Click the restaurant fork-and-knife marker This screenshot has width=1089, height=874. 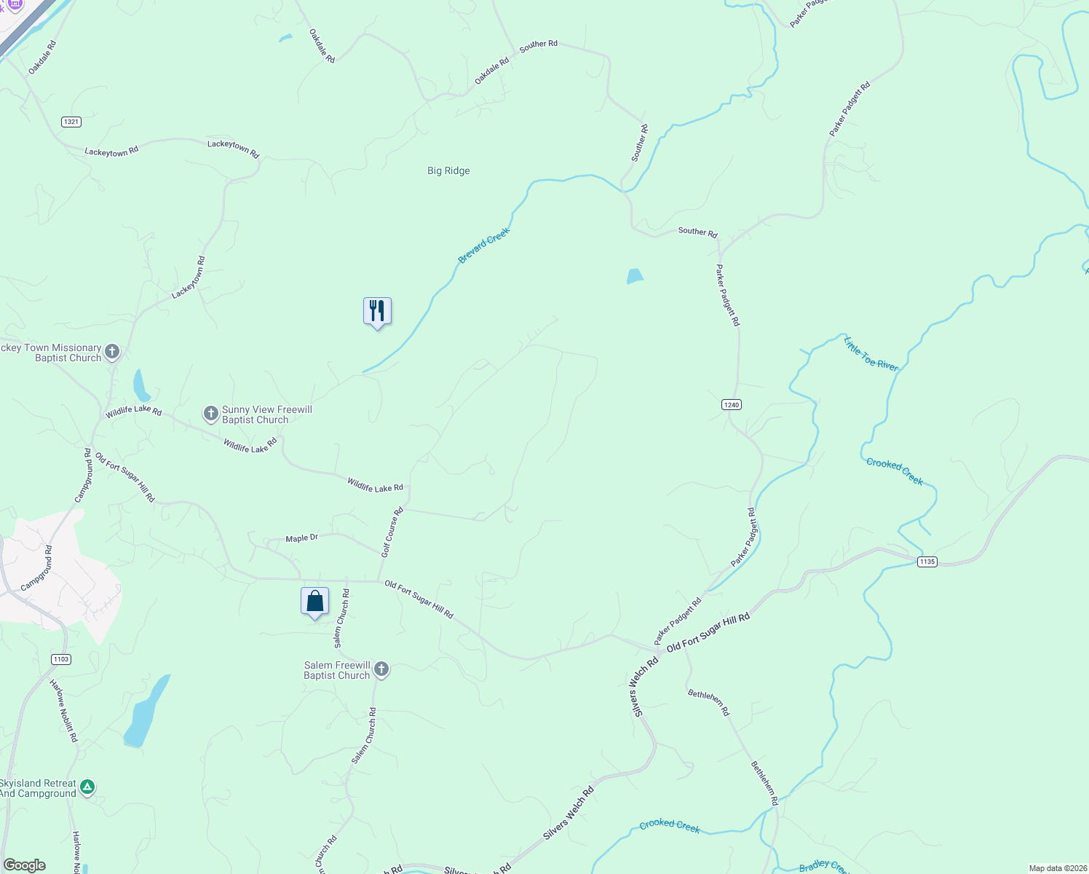click(x=377, y=312)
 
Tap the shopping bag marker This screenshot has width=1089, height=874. click(x=314, y=602)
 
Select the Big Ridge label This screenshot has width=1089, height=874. click(x=448, y=170)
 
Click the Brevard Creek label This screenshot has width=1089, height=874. click(x=484, y=246)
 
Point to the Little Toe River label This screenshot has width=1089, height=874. click(x=871, y=354)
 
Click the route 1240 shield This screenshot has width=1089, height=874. click(x=732, y=405)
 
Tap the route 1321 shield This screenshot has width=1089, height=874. click(x=71, y=122)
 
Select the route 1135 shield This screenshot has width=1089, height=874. click(x=927, y=562)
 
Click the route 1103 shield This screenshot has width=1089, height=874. click(x=61, y=659)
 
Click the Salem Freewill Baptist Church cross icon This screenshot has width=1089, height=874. click(x=381, y=670)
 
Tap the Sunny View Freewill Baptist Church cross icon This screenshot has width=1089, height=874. click(x=210, y=414)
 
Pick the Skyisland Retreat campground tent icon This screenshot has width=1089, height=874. click(x=87, y=787)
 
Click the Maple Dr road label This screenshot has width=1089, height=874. click(x=301, y=538)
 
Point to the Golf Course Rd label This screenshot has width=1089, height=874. click(x=392, y=532)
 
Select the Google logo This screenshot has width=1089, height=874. click(x=25, y=865)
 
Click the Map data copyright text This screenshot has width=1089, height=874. click(x=1056, y=868)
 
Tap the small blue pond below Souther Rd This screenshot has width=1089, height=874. click(x=635, y=276)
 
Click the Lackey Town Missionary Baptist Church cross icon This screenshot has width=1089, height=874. click(x=112, y=353)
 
